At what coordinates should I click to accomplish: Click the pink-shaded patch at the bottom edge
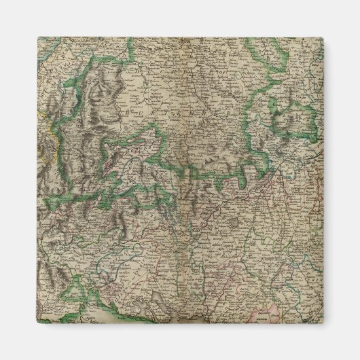tap(261, 314)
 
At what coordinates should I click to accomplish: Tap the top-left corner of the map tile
tap(38, 37)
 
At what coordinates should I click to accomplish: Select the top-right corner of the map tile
tap(324, 37)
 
